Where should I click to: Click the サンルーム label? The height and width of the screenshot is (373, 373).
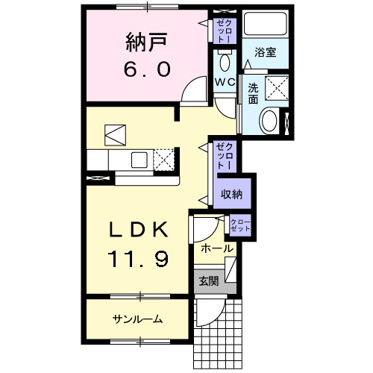138,319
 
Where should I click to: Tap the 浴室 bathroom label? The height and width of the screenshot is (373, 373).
265,54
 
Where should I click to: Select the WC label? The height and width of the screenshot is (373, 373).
225,81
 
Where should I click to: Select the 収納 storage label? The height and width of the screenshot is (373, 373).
231,193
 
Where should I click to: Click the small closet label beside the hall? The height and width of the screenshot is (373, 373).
240,225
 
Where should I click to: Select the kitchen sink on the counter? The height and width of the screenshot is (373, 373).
140,158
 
